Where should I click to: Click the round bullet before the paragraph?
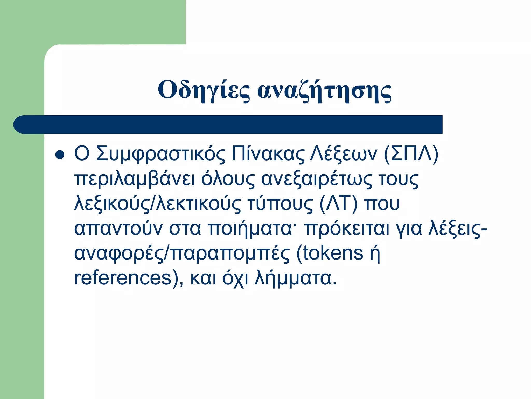[60, 155]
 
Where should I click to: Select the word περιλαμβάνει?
[135, 179]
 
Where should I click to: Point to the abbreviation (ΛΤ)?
[338, 204]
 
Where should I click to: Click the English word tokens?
[330, 254]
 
